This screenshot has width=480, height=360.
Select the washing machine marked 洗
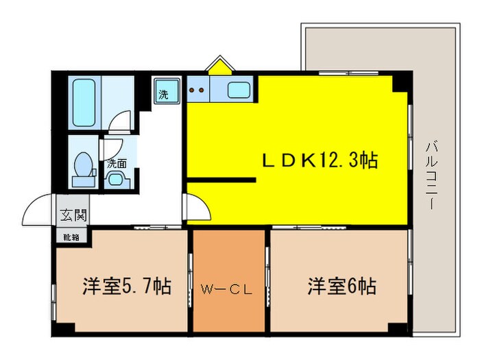(x=165, y=93)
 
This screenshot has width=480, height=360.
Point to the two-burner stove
(x=197, y=88)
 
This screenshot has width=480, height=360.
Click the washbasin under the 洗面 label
(x=117, y=180)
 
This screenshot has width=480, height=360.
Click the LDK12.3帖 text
(x=320, y=161)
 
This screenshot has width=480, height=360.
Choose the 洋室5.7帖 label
(x=127, y=285)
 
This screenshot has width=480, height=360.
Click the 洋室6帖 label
(x=341, y=285)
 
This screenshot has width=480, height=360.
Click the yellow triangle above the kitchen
(x=219, y=67)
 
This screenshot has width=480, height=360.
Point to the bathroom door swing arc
(x=121, y=121)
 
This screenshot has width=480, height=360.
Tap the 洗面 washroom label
(x=117, y=163)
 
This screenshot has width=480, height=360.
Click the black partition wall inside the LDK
(x=221, y=180)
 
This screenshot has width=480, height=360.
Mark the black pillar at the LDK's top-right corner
(x=402, y=82)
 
